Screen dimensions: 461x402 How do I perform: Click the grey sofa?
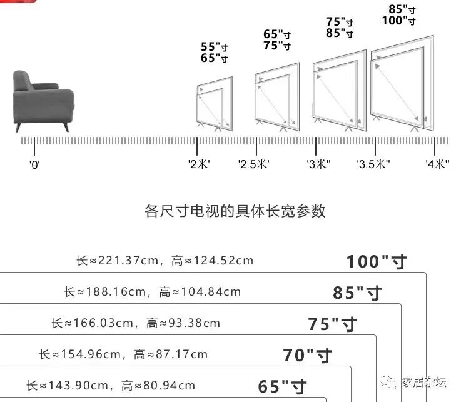pos(43,100)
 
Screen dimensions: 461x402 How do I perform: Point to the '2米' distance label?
pos(199,164)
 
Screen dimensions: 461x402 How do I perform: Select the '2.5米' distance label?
pos(253,164)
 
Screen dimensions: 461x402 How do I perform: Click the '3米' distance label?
pos(318,164)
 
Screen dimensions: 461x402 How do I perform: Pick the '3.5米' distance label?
pos(373,164)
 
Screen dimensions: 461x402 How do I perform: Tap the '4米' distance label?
pos(438,164)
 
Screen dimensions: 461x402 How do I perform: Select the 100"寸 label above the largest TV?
pos(399,21)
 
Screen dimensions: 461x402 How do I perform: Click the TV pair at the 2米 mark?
pos(215,104)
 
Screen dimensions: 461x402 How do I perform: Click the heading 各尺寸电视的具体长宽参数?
pos(235,211)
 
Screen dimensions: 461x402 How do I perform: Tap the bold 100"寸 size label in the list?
pos(376,261)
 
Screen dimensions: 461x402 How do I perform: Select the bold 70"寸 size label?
pos(307,355)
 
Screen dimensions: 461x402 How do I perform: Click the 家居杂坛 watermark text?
pos(423,382)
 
